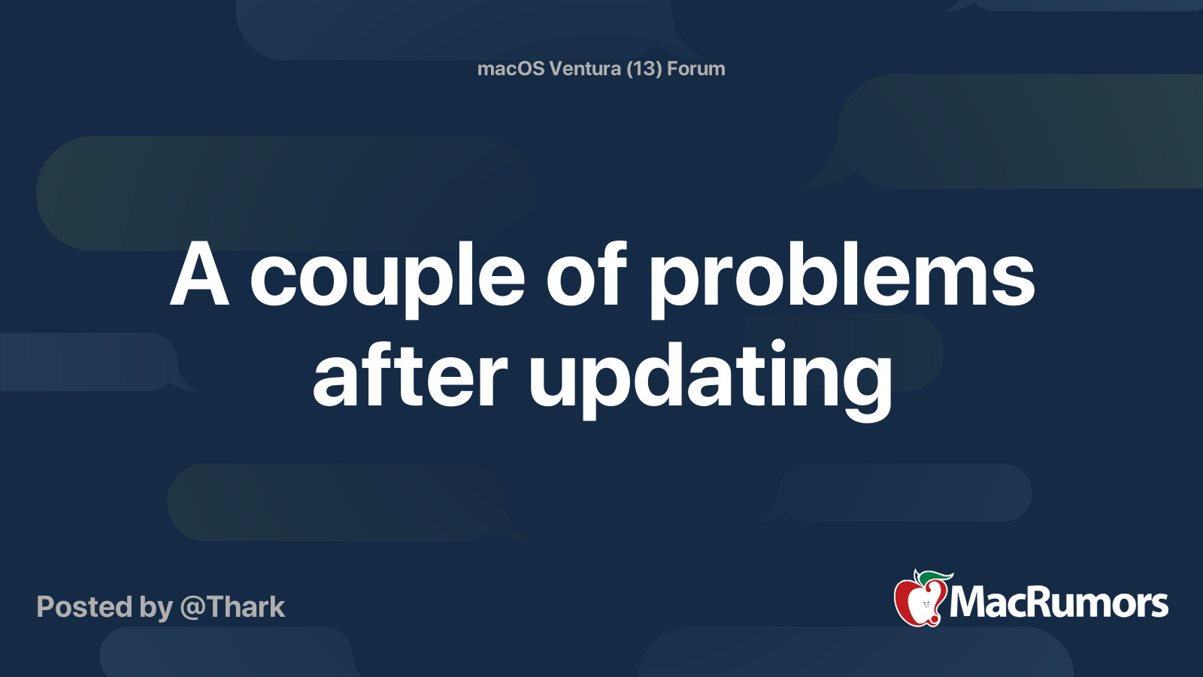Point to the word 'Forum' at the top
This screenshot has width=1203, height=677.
coord(696,68)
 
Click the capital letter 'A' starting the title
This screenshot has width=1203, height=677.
coord(199,276)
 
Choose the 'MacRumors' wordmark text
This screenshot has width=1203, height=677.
coord(1059,603)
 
